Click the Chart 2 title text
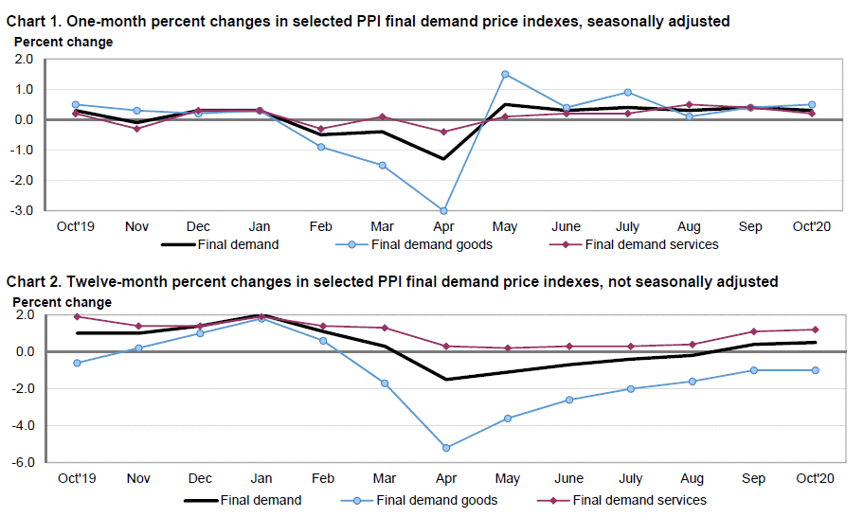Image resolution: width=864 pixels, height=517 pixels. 392,281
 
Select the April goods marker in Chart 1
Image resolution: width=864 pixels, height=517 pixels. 443,210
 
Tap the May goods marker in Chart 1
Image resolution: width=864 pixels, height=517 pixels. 506,74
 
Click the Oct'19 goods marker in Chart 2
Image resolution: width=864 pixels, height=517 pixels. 76,363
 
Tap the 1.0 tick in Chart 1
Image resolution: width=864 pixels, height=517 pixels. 25,89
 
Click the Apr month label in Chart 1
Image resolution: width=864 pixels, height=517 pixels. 443,227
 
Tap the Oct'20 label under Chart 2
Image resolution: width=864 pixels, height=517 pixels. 813,479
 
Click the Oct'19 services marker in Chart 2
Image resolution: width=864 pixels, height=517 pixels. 76,316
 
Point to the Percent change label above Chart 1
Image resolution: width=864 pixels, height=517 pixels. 63,42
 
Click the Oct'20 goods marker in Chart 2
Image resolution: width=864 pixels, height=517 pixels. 813,370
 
